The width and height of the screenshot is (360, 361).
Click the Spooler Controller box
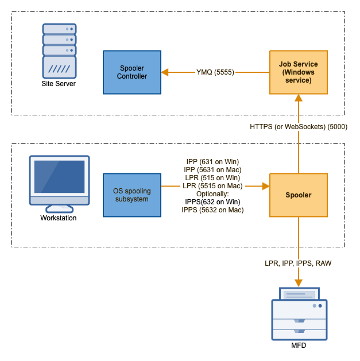click(132, 72)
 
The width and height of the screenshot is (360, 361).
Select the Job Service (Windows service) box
click(298, 72)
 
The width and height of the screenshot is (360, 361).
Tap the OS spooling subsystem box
click(132, 195)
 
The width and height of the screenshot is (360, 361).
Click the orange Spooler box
click(298, 195)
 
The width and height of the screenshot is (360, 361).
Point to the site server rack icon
click(59, 51)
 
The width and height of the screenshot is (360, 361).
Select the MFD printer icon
click(299, 315)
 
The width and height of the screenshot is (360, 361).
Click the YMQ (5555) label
click(215, 72)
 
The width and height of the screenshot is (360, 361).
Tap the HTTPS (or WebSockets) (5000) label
click(298, 126)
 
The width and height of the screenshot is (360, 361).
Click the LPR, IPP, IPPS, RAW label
click(298, 263)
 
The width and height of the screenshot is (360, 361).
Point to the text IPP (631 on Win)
click(212, 162)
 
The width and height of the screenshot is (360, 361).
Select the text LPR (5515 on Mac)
click(212, 186)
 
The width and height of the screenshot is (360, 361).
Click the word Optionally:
click(212, 194)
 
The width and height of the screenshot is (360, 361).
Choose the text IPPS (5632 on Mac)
click(212, 210)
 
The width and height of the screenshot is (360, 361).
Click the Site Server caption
click(59, 84)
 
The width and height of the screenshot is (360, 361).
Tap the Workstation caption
click(59, 218)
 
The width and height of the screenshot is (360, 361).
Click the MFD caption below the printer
click(299, 346)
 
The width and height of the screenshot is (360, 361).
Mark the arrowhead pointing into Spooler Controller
click(165, 72)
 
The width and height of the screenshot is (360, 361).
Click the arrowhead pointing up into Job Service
click(298, 98)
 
